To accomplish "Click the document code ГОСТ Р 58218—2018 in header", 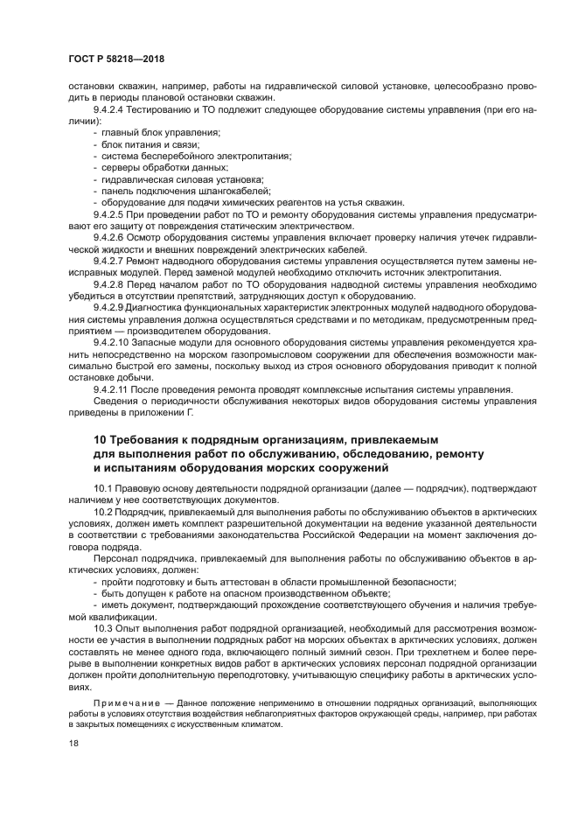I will (x=111, y=59).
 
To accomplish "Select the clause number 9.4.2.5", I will (x=109, y=213).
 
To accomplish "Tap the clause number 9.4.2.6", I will (x=109, y=237).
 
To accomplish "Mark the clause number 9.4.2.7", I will (x=109, y=261).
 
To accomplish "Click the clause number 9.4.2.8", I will (x=109, y=284).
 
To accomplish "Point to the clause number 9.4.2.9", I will (x=109, y=308).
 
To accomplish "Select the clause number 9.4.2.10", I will (x=111, y=343).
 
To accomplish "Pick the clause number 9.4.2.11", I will (x=111, y=389).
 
